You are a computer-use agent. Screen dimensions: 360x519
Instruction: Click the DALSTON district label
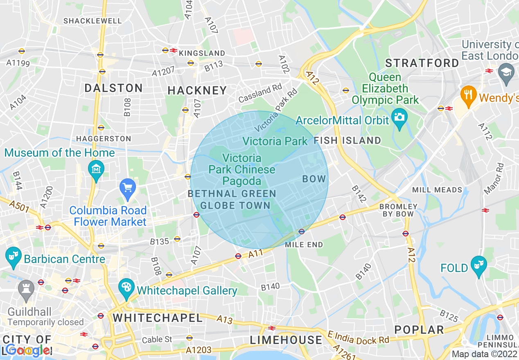click(113, 88)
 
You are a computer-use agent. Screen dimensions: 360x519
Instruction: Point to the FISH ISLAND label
click(347, 141)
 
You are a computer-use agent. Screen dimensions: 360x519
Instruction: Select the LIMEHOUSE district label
click(286, 340)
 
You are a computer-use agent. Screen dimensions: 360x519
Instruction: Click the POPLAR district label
click(419, 330)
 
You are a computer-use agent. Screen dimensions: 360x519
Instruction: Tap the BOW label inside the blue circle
click(314, 179)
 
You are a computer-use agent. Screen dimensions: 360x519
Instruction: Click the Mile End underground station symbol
click(302, 232)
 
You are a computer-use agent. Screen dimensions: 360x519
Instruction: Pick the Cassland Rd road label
click(260, 94)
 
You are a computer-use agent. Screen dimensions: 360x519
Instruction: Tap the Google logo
click(28, 350)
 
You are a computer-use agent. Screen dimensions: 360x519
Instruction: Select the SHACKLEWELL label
click(93, 20)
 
